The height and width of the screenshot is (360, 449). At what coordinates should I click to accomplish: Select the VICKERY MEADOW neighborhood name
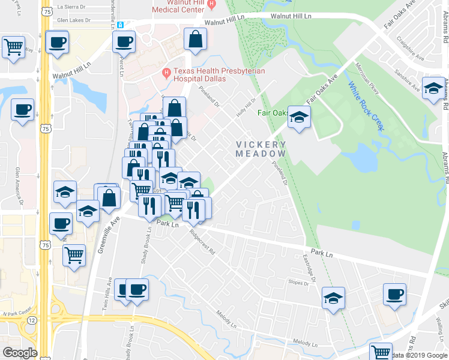coord(261,149)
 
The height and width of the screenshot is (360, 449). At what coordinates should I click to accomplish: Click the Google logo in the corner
coord(20,353)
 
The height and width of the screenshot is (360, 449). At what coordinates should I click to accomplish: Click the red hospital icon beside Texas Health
coord(167,74)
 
